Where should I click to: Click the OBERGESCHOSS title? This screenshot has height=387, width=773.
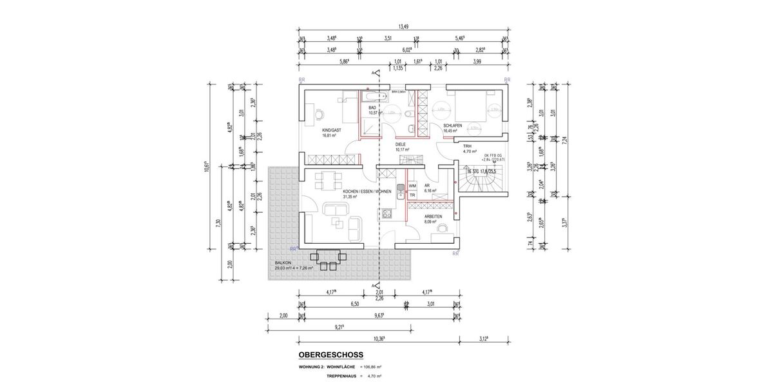tap(330, 355)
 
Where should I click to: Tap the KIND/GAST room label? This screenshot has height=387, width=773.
tap(332, 130)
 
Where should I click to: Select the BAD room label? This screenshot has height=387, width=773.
tap(372, 108)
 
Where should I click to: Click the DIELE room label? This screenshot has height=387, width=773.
tap(400, 144)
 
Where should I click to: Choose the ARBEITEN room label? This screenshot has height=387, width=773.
tap(434, 216)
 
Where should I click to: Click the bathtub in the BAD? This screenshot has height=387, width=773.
tap(372, 97)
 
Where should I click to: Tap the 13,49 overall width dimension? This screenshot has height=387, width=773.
tap(404, 26)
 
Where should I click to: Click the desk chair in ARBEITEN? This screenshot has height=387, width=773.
tap(442, 227)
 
